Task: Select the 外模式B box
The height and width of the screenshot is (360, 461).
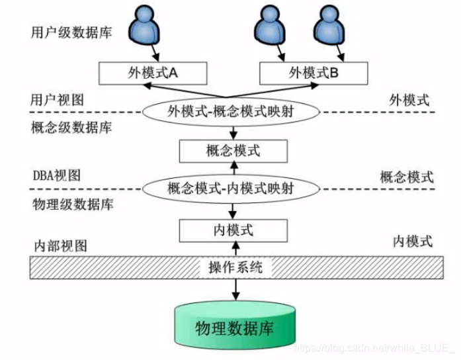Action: pyautogui.click(x=313, y=73)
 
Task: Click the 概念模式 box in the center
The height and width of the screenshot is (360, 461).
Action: pyautogui.click(x=233, y=151)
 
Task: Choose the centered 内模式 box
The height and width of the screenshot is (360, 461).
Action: pyautogui.click(x=233, y=230)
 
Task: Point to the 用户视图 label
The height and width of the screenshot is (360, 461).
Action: pyautogui.click(x=58, y=100)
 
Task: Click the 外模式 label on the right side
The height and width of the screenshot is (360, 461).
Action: pyautogui.click(x=409, y=100)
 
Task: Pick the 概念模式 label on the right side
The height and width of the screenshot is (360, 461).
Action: pyautogui.click(x=407, y=177)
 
